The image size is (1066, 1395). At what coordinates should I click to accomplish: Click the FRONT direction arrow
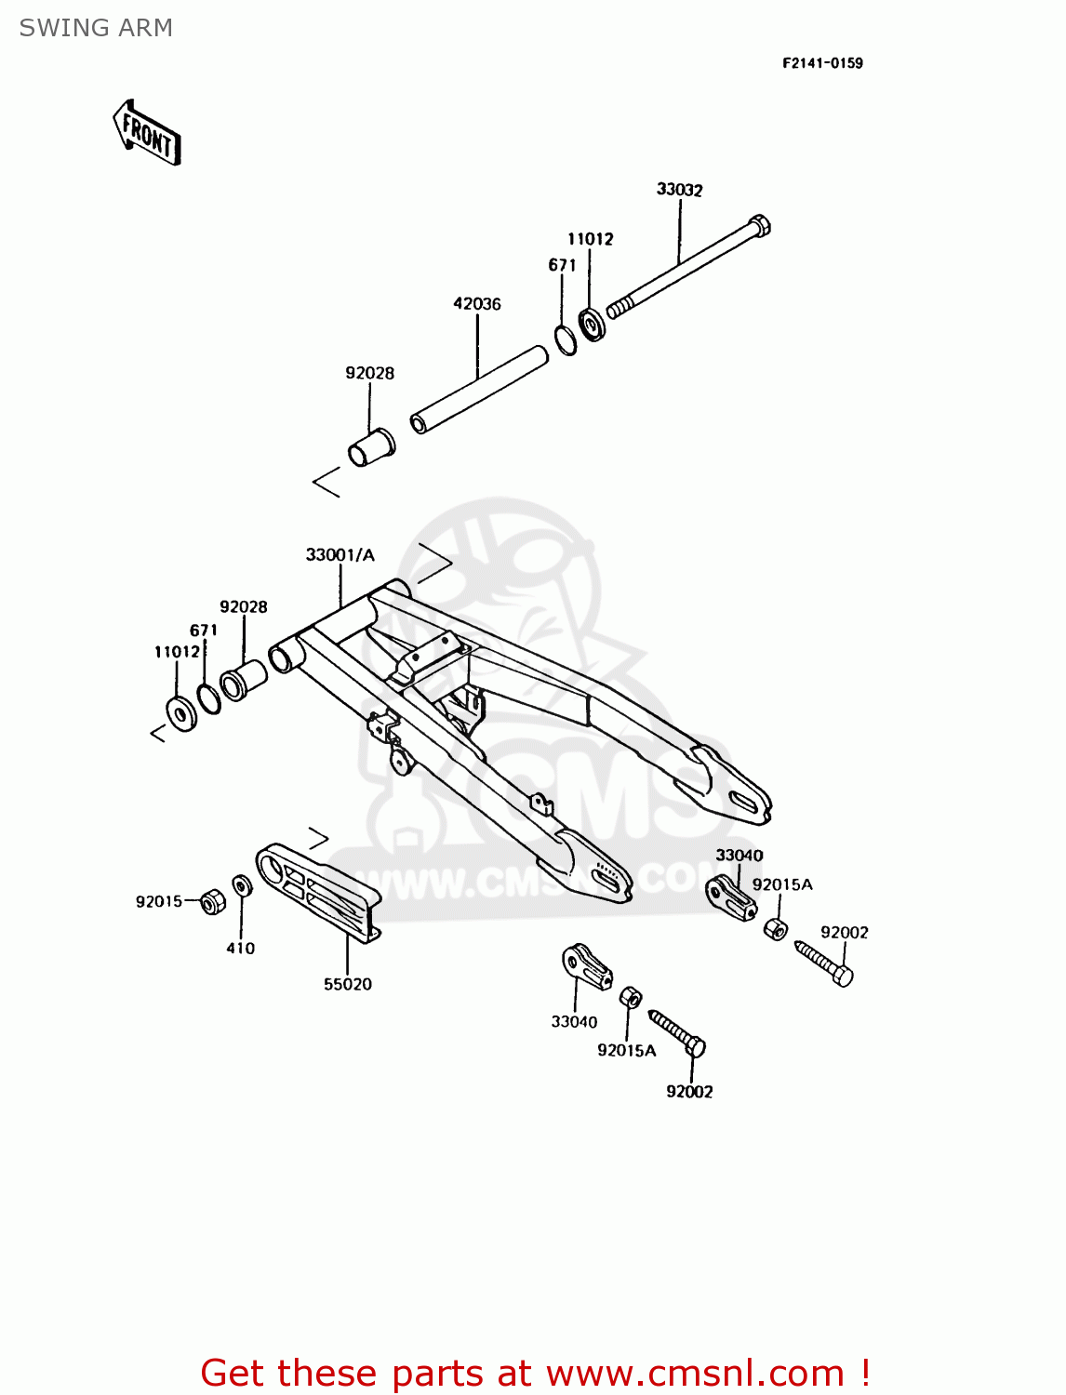[147, 133]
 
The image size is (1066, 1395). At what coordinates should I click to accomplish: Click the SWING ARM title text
[96, 28]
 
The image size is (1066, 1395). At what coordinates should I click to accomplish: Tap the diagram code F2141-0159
[822, 63]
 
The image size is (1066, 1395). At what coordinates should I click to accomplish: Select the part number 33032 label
[679, 190]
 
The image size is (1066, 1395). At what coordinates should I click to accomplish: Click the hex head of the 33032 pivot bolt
[759, 226]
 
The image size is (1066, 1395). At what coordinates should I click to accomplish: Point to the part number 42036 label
[476, 304]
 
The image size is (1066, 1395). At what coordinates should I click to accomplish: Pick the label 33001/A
[340, 555]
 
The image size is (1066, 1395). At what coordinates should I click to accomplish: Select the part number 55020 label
[347, 985]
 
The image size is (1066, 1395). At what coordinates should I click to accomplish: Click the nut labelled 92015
[213, 901]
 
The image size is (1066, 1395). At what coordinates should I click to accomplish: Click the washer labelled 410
[241, 885]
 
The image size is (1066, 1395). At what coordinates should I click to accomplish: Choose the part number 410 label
[240, 949]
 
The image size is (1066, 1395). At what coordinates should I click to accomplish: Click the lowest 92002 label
[689, 1092]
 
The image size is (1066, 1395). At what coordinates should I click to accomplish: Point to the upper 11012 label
[591, 239]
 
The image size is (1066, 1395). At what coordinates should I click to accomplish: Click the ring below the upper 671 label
[566, 339]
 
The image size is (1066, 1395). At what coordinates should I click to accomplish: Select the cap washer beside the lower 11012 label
[181, 712]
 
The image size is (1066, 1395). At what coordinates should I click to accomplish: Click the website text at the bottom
[535, 1373]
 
